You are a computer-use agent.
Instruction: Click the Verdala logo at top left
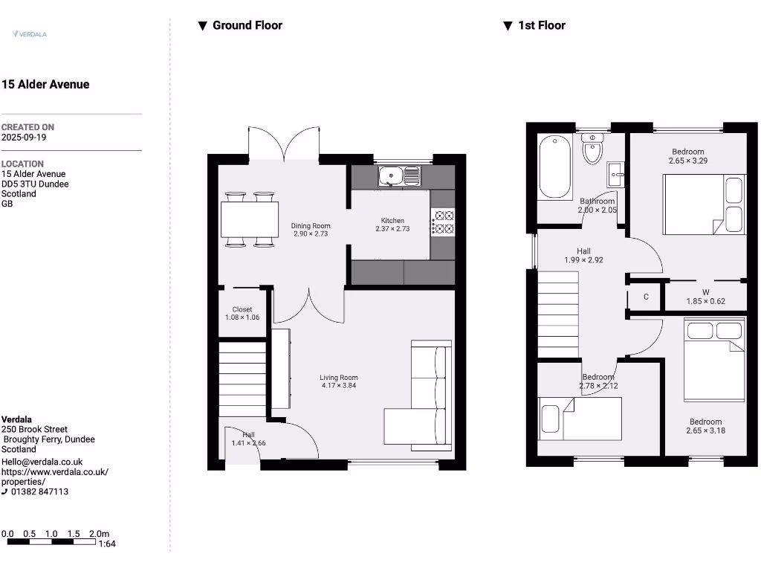click(x=30, y=33)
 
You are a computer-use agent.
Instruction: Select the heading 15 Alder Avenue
click(x=45, y=85)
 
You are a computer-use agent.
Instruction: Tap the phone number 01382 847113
click(x=39, y=491)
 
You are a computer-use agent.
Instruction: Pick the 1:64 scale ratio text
click(x=108, y=544)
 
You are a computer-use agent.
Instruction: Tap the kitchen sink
click(x=399, y=176)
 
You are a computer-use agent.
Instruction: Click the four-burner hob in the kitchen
click(x=444, y=222)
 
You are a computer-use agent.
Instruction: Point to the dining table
click(x=249, y=220)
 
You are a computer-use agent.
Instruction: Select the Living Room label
click(x=339, y=378)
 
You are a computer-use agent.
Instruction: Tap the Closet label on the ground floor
click(x=242, y=309)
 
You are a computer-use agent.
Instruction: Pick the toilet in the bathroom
click(x=592, y=149)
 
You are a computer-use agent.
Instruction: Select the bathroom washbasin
click(x=616, y=175)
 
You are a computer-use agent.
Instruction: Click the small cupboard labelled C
click(x=646, y=297)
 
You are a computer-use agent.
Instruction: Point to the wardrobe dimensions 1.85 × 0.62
click(x=705, y=301)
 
